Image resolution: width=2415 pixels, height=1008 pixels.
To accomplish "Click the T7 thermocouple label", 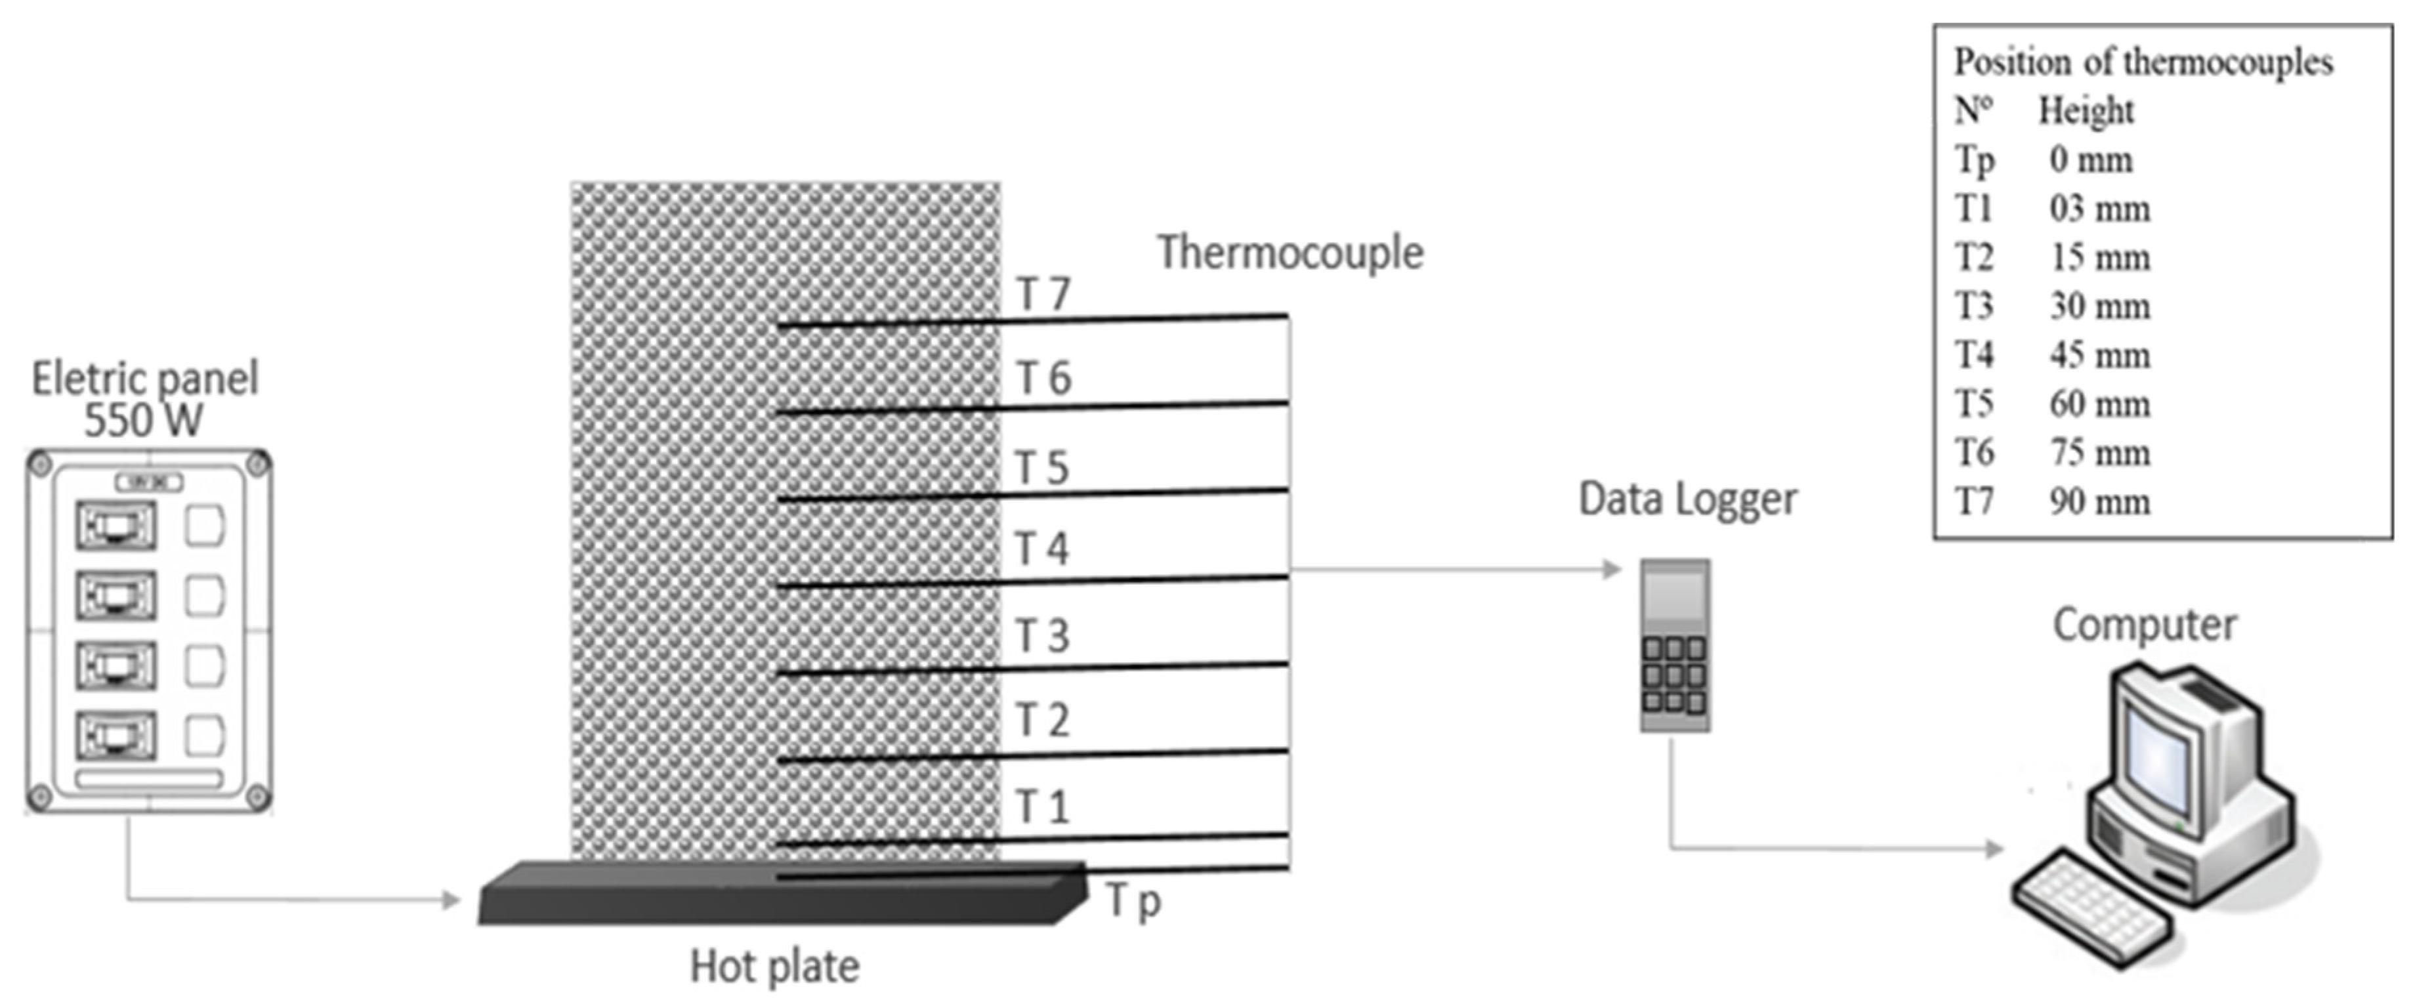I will pos(1043,295).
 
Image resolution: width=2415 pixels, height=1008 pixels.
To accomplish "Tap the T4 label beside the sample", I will pos(1041,549).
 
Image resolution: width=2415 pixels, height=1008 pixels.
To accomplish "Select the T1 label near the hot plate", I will pos(1041,807).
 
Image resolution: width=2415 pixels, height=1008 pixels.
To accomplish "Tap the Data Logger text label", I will pos(1687,499).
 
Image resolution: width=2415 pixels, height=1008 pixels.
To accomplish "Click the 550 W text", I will pos(144,420).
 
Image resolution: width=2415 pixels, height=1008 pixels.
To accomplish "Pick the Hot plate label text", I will pos(774,967).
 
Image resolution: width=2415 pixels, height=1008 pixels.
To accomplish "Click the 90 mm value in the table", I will pos(2099,501).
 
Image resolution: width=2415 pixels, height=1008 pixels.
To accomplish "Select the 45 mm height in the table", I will pos(2099,356).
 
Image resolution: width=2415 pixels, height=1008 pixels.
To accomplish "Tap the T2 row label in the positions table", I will pos(1975,257).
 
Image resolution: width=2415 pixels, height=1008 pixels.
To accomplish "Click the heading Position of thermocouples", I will pos(2143,62).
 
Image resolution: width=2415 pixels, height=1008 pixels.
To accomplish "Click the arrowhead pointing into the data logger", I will pos(1612,569).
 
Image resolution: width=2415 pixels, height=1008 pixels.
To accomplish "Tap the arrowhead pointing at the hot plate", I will pos(452,900).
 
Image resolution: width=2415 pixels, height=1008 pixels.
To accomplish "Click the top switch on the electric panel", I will pos(116,526).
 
